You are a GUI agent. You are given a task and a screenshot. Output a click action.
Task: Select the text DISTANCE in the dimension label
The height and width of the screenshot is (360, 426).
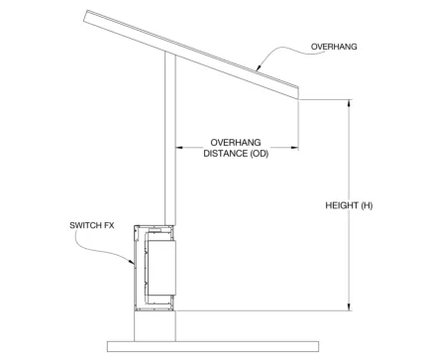(220, 154)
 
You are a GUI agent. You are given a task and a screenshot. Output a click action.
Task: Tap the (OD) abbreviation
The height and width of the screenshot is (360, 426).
(258, 154)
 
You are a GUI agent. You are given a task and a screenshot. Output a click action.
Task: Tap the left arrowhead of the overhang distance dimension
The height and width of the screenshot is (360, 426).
(179, 148)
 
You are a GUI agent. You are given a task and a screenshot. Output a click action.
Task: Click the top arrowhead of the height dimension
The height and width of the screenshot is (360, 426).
(348, 103)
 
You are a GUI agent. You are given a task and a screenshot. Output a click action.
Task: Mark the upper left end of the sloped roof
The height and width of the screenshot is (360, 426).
(87, 14)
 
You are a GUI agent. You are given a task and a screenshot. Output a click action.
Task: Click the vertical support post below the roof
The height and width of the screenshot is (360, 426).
(170, 139)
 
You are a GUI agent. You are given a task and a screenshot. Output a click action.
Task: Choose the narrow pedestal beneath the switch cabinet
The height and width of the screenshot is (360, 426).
(157, 324)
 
